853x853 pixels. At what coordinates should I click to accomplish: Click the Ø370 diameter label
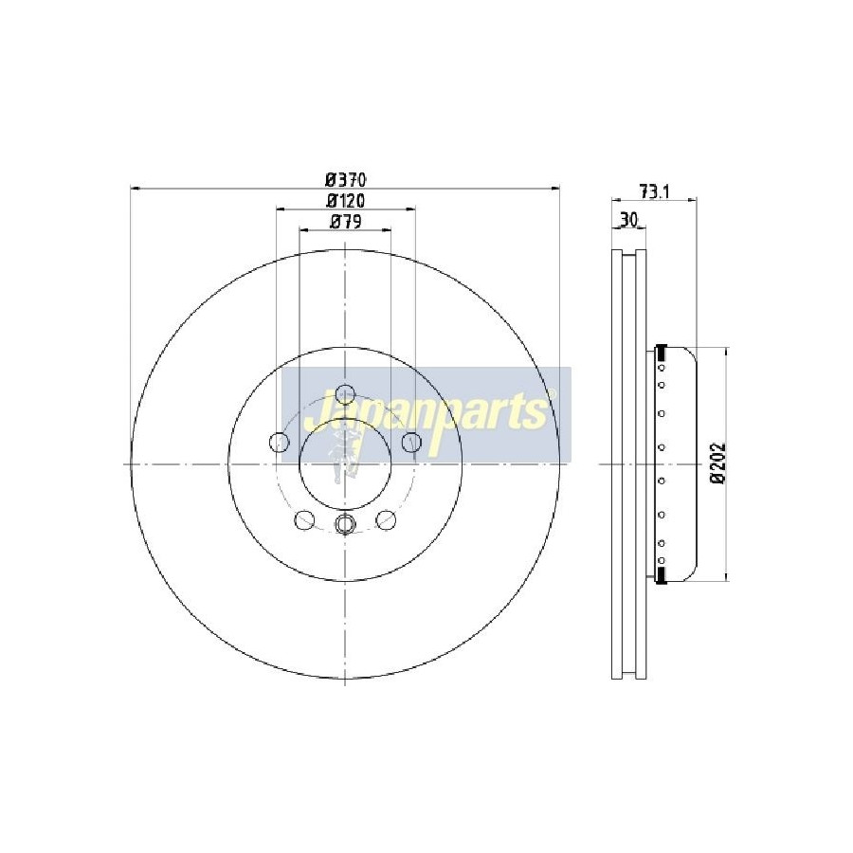click(345, 179)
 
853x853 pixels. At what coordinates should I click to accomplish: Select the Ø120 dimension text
click(345, 201)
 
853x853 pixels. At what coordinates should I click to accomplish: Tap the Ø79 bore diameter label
click(346, 222)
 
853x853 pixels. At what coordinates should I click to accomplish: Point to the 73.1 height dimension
click(654, 191)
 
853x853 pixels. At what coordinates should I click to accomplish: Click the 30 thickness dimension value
click(629, 220)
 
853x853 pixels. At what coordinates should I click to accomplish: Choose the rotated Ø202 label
click(718, 463)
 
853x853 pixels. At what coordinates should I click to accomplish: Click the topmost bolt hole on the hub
click(345, 393)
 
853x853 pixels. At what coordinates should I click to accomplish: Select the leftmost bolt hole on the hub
click(279, 442)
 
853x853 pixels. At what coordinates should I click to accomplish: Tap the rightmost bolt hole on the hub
click(412, 441)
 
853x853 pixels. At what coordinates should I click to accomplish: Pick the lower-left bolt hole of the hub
click(304, 519)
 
